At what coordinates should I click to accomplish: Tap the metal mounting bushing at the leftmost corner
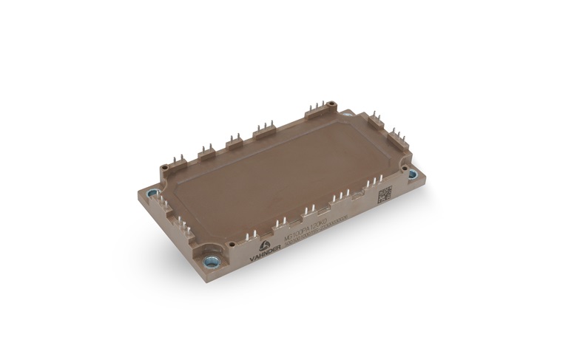point(152,194)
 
